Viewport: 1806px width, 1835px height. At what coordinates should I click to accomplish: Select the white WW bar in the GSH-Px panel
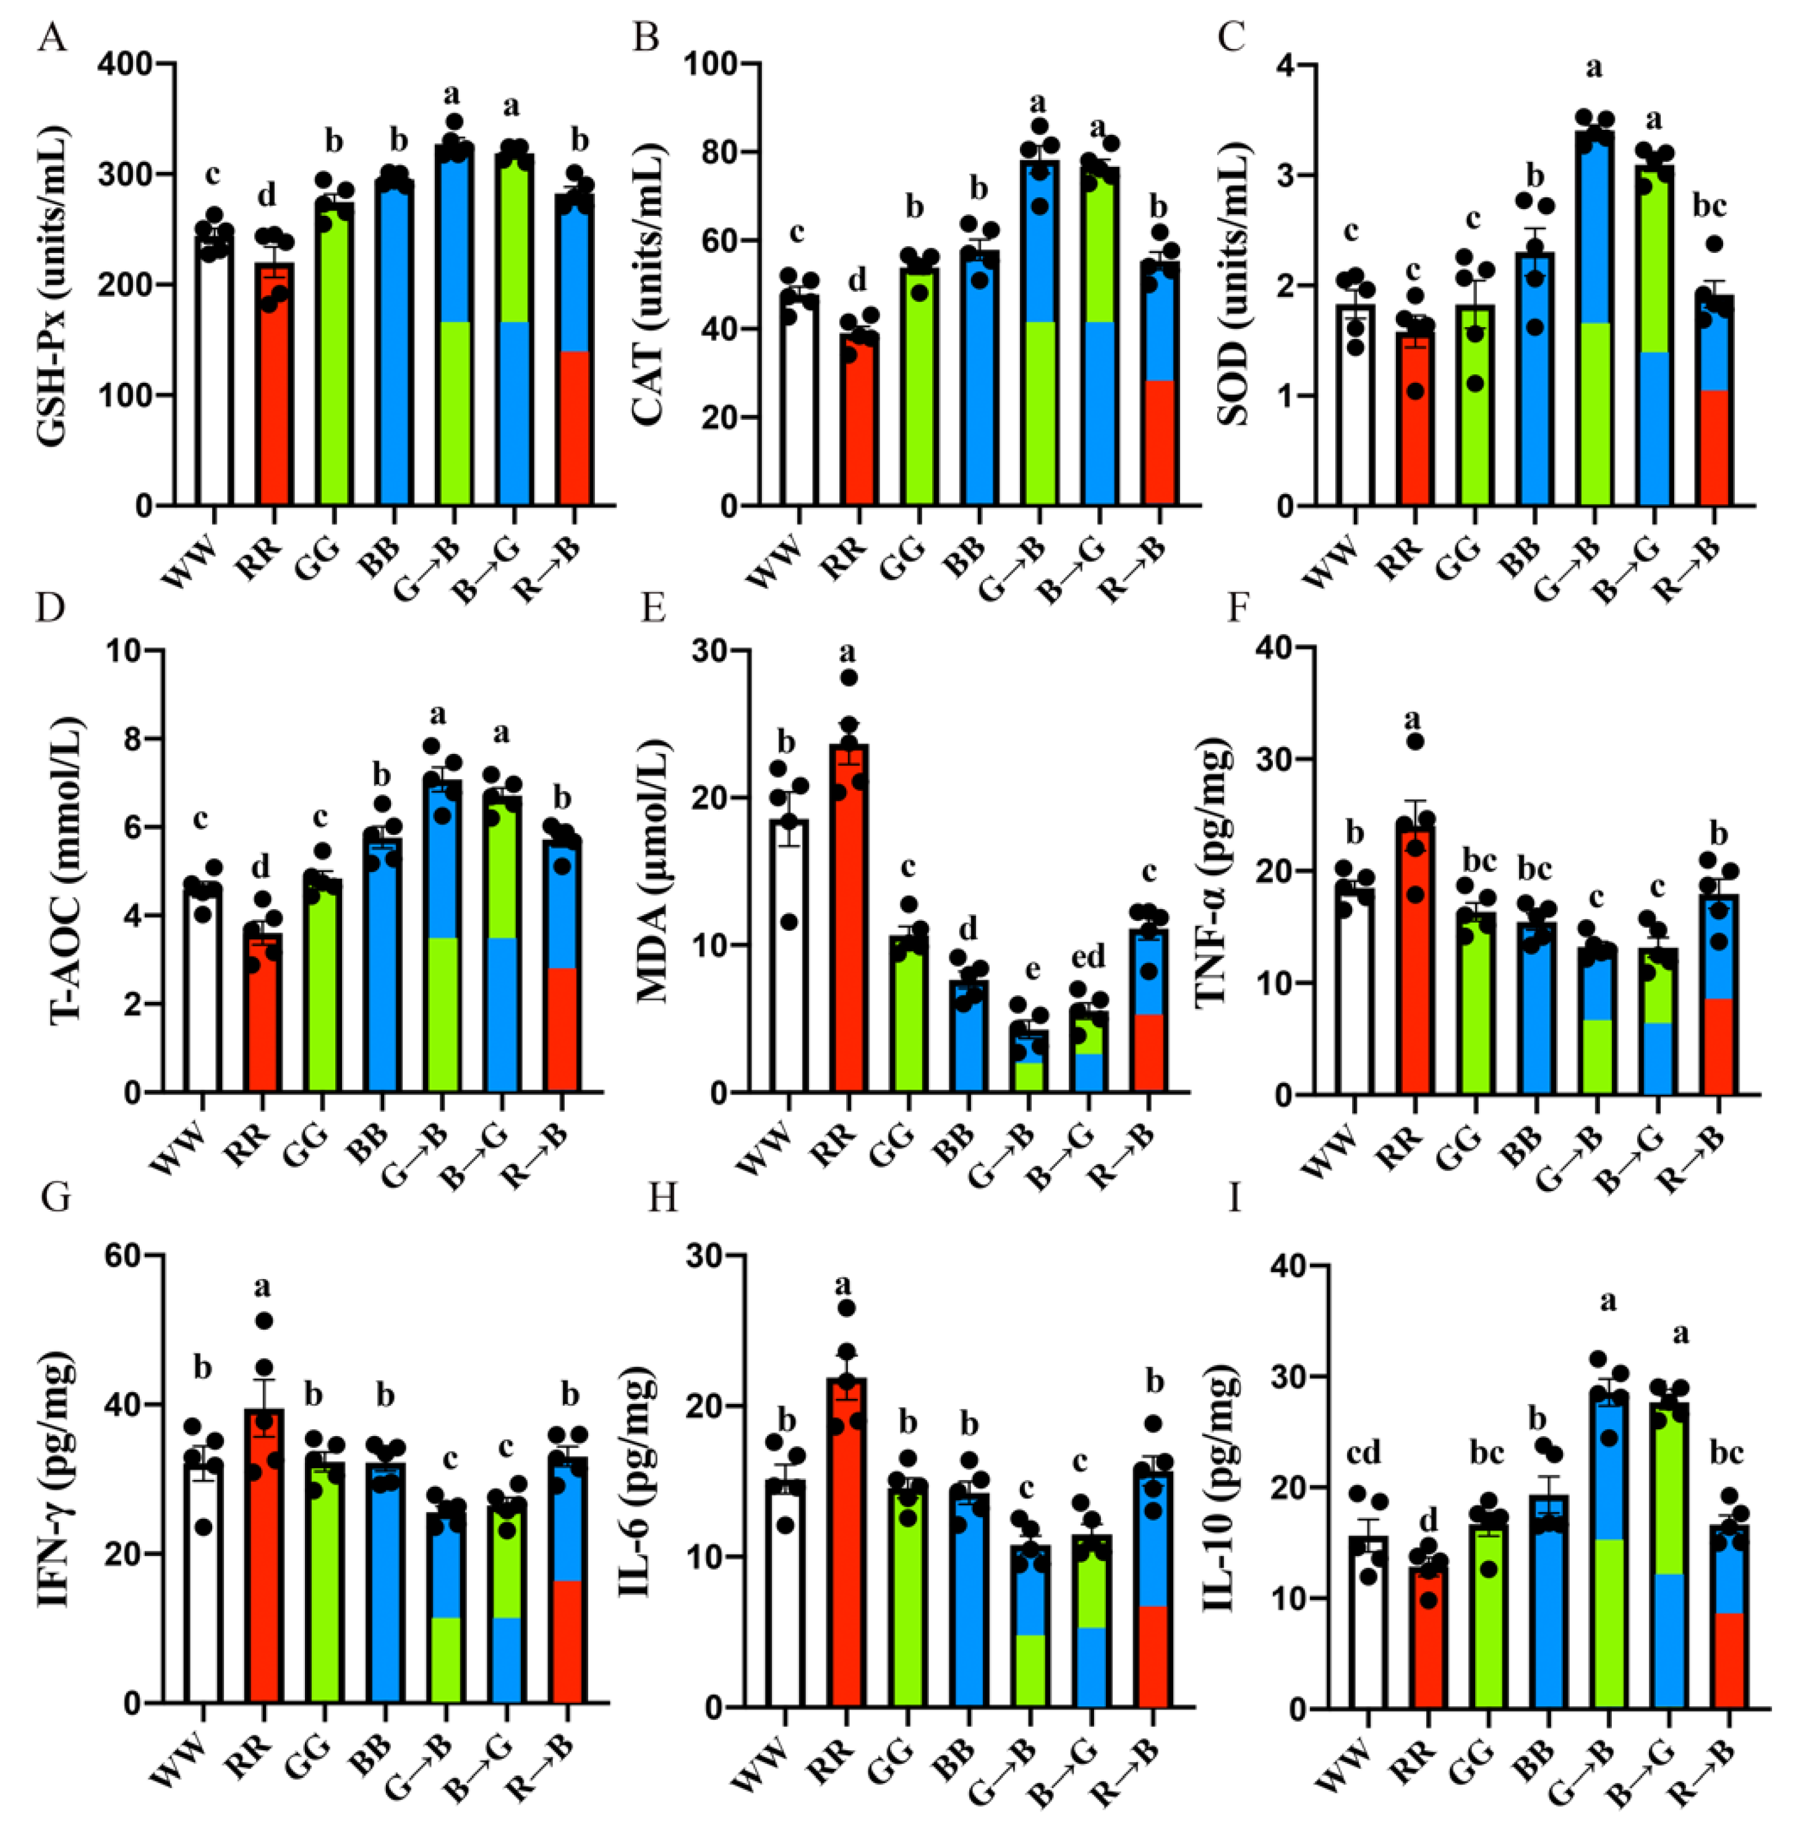(x=213, y=379)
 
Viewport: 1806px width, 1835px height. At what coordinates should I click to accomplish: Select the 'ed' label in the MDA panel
(x=1088, y=958)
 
